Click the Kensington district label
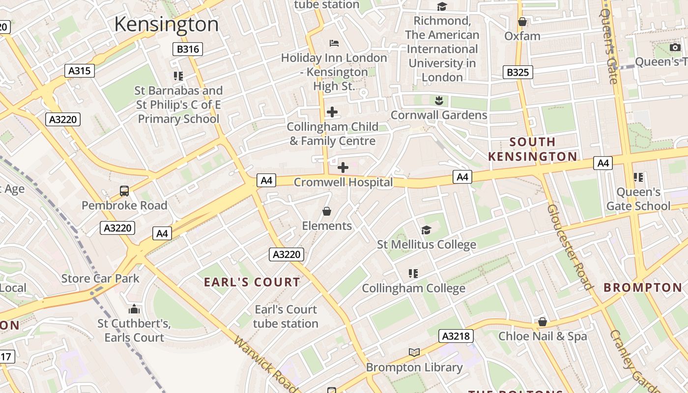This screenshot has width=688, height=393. pyautogui.click(x=166, y=24)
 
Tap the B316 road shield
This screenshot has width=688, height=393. pyautogui.click(x=188, y=49)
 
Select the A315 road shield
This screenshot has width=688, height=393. pyautogui.click(x=79, y=71)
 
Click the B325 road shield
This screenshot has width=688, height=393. pyautogui.click(x=517, y=72)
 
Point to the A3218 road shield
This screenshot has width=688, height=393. pyautogui.click(x=457, y=336)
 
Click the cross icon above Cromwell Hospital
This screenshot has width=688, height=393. pyautogui.click(x=343, y=168)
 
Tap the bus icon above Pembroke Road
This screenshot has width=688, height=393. pyautogui.click(x=124, y=191)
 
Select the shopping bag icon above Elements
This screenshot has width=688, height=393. pyautogui.click(x=327, y=211)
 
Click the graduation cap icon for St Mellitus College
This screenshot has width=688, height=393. pyautogui.click(x=426, y=230)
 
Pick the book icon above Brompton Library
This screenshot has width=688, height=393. pyautogui.click(x=414, y=352)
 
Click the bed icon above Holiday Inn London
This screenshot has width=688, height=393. pyautogui.click(x=334, y=43)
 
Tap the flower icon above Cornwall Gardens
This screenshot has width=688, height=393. pyautogui.click(x=439, y=101)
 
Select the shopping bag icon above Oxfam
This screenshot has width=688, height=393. pyautogui.click(x=522, y=22)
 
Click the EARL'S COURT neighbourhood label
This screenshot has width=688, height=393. pyautogui.click(x=252, y=282)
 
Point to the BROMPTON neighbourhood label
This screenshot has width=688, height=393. pyautogui.click(x=643, y=287)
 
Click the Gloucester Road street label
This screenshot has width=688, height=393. pyautogui.click(x=569, y=247)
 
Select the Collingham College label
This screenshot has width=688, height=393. pyautogui.click(x=413, y=288)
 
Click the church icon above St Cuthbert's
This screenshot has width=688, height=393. pyautogui.click(x=134, y=309)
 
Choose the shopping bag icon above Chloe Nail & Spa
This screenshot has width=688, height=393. pyautogui.click(x=543, y=322)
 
